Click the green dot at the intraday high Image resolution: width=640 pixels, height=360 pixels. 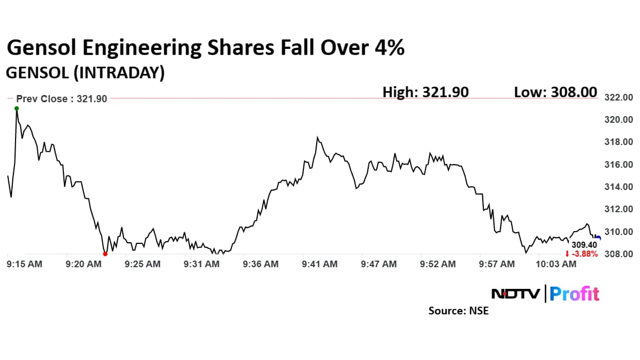click(17, 108)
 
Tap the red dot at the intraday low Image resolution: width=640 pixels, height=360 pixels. click(105, 254)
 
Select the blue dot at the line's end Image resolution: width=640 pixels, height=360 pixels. click(598, 238)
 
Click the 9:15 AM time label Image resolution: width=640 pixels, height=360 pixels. click(24, 264)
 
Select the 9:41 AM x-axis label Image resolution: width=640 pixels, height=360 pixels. click(319, 264)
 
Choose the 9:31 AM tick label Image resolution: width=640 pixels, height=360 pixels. click(202, 264)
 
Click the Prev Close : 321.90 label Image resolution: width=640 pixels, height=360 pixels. click(62, 99)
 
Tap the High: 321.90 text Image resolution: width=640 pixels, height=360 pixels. click(426, 92)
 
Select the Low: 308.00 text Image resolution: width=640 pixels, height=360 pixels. click(556, 92)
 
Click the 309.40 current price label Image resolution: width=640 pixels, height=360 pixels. click(584, 245)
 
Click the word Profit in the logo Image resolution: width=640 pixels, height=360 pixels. click(575, 293)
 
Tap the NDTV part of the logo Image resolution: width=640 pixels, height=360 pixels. click(516, 293)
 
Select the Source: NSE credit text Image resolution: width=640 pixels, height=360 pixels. click(458, 311)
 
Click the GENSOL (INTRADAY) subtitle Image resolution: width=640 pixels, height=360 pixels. click(85, 73)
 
